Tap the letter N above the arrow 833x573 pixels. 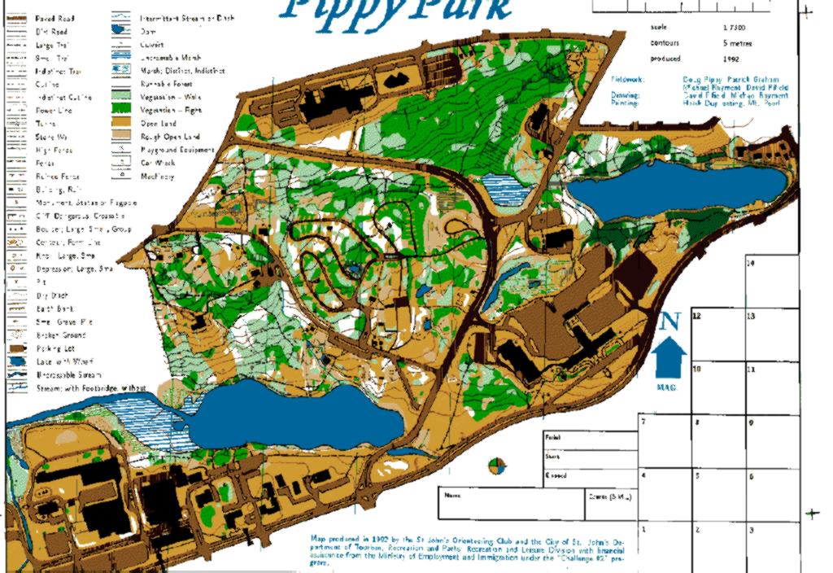pos(669,321)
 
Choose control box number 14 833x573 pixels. pos(772,282)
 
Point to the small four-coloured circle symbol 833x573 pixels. pos(496,466)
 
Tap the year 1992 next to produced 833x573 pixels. pos(730,59)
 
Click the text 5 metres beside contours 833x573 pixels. pos(736,43)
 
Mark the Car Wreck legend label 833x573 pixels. pos(155,163)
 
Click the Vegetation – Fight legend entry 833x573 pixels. pos(170,110)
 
